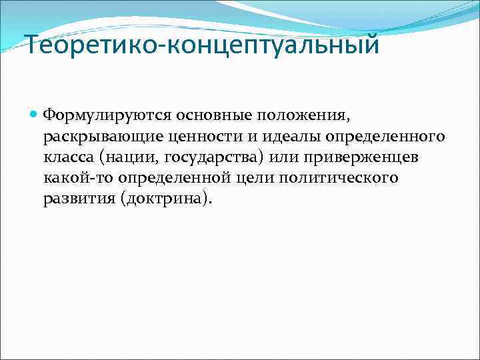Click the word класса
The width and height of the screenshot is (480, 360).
[67, 158]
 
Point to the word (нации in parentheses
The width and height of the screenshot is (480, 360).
[121, 158]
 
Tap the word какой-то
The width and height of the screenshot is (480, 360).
[73, 179]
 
